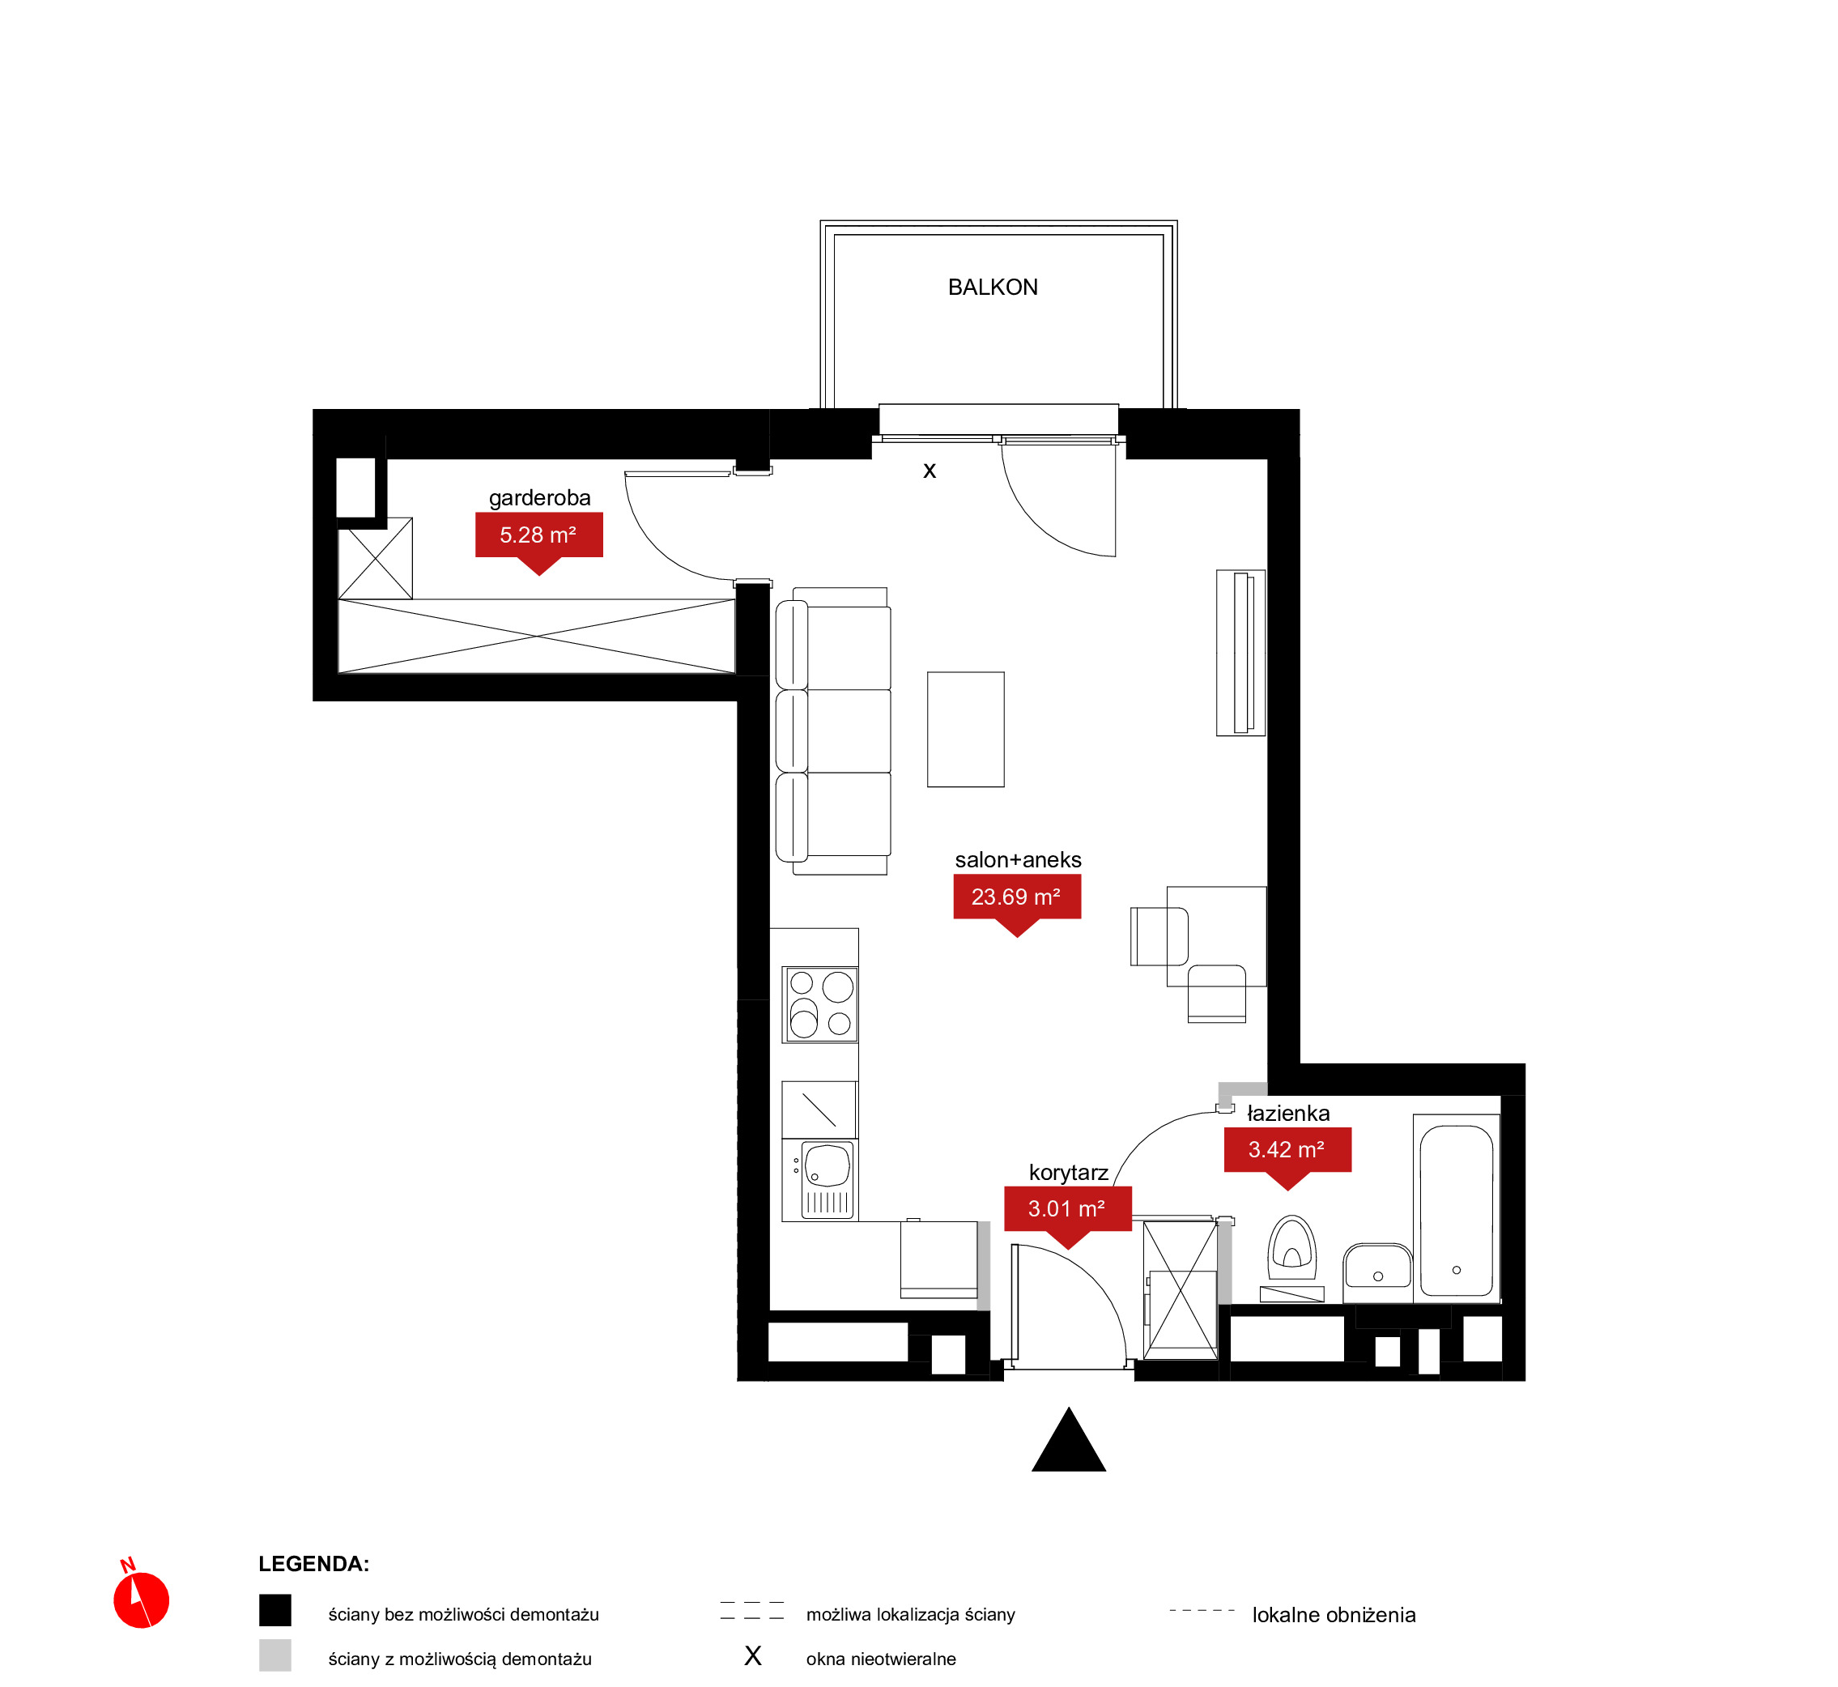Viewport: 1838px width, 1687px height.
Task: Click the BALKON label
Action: pos(993,288)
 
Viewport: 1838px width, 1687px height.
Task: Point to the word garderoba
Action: pos(539,498)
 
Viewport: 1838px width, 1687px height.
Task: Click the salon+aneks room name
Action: pos(1018,860)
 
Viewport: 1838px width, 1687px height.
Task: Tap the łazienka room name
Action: pos(1287,1114)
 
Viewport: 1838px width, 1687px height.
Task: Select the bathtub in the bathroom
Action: pos(1457,1208)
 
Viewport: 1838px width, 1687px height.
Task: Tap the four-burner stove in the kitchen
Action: pos(819,1005)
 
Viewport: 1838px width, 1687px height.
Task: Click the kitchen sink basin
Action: pos(827,1179)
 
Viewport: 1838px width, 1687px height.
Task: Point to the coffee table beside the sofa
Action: pos(965,730)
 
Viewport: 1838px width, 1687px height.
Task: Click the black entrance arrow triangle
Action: pos(1069,1440)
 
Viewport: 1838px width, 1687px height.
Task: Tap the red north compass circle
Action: pos(142,1600)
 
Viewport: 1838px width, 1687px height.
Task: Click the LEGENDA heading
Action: pos(314,1564)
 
